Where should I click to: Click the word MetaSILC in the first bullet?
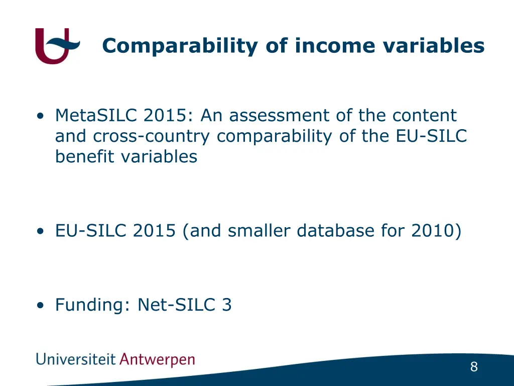pyautogui.click(x=96, y=116)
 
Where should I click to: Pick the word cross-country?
pyautogui.click(x=153, y=136)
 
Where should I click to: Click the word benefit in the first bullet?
pyautogui.click(x=85, y=157)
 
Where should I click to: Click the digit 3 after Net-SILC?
pyautogui.click(x=226, y=305)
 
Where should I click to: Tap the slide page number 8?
pyautogui.click(x=474, y=367)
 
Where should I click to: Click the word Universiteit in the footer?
pyautogui.click(x=75, y=360)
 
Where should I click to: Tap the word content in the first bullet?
pyautogui.click(x=425, y=116)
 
